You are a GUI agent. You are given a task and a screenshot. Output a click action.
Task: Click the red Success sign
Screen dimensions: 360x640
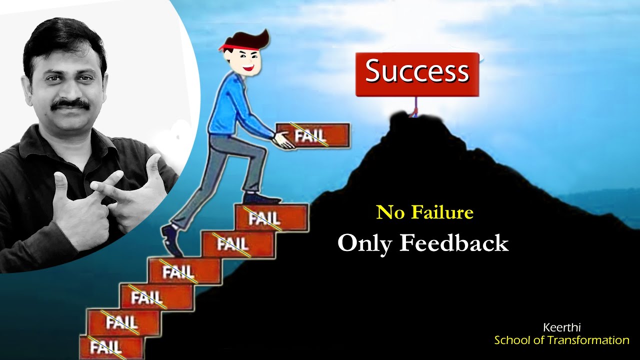tap(417, 74)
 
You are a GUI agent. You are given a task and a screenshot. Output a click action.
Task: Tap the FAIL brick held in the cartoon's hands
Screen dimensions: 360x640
tap(312, 135)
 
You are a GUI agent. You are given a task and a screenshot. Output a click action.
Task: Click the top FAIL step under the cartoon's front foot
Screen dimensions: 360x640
tap(270, 218)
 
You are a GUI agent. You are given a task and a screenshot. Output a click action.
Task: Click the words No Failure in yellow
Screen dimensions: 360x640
tap(424, 212)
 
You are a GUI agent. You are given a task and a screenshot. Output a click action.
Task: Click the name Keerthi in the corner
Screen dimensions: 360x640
tap(561, 328)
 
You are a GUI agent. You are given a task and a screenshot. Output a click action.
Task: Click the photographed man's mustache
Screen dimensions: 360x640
tap(70, 104)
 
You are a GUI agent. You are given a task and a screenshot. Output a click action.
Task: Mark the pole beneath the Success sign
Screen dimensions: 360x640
tap(414, 106)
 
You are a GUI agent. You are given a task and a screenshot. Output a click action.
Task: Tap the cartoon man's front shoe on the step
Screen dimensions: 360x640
tap(261, 199)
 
